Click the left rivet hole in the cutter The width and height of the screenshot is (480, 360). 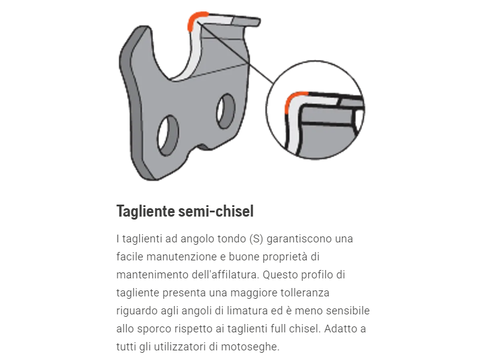click(168, 134)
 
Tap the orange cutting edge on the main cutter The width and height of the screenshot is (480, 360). click(194, 20)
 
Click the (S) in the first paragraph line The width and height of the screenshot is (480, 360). click(254, 239)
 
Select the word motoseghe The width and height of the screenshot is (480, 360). click(254, 347)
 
